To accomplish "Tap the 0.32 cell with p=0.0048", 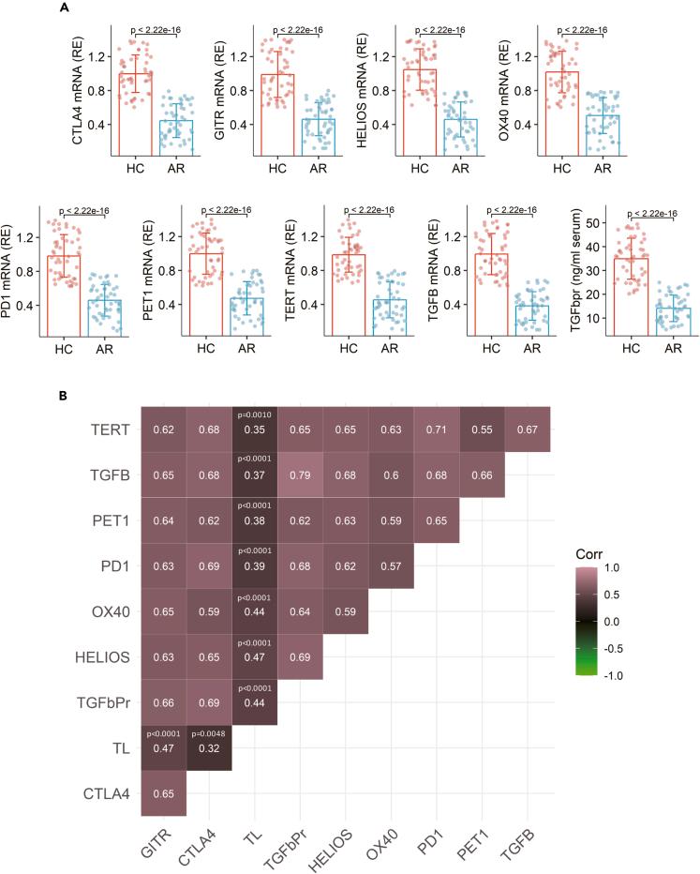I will (209, 751).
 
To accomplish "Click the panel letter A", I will (63, 8).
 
